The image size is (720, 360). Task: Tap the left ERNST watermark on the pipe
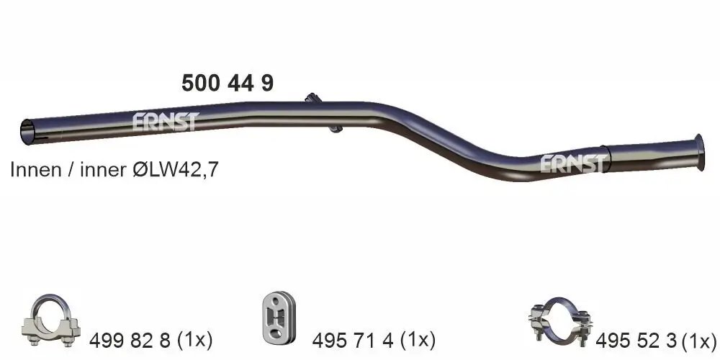pos(164,122)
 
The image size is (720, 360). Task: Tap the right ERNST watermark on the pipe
pos(573,164)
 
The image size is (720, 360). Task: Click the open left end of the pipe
pos(28,131)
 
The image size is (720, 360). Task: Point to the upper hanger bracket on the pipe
pos(312,99)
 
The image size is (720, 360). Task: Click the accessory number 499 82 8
pos(130,338)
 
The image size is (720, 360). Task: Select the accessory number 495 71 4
pos(353,338)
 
